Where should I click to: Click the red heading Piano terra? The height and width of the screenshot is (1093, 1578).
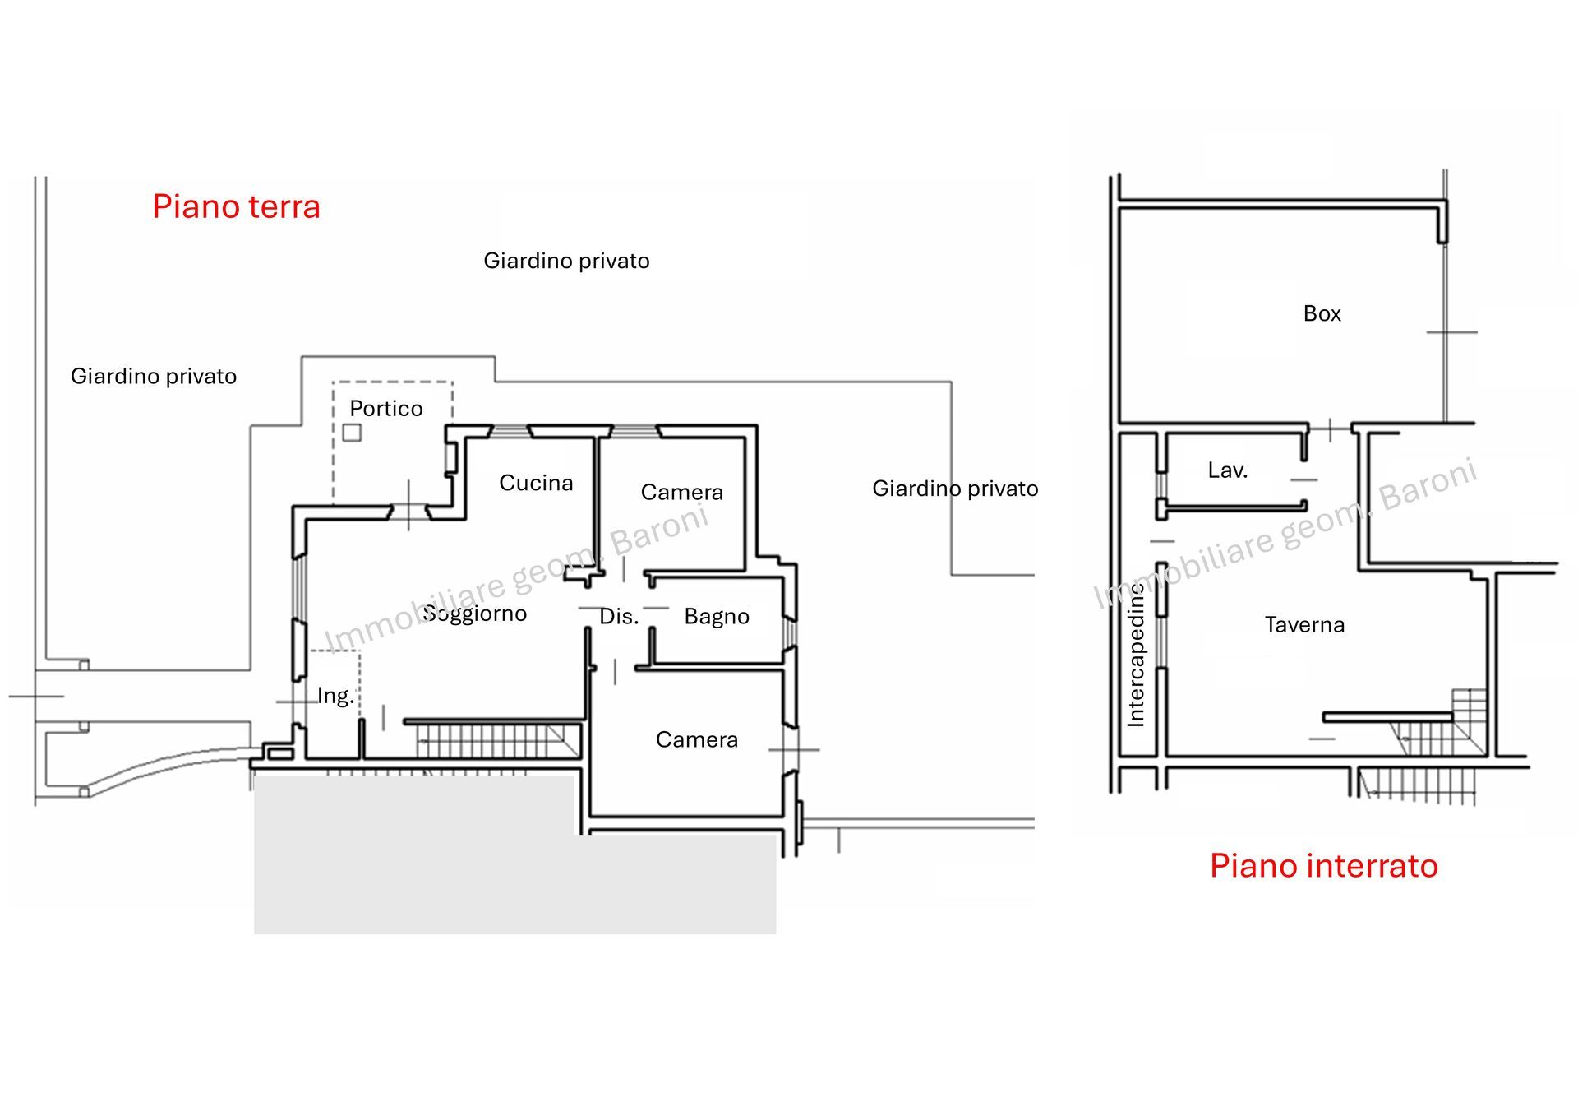pos(236,206)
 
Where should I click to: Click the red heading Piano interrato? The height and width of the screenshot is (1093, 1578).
pos(1323,866)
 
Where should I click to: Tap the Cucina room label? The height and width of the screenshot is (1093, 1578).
pos(536,483)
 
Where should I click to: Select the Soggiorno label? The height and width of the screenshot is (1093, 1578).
pos(475,614)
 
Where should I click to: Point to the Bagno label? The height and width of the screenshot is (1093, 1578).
pos(717,617)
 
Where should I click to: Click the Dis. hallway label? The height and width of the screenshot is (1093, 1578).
pos(619,617)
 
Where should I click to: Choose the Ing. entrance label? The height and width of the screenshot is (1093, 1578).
pos(335,696)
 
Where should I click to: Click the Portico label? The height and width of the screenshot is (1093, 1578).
pos(386,409)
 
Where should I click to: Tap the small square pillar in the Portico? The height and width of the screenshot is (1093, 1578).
pos(352,433)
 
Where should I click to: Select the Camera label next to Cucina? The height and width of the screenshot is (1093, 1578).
pos(682,493)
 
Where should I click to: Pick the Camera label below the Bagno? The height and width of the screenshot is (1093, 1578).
pos(697,740)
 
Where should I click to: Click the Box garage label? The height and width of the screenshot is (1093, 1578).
pos(1322,313)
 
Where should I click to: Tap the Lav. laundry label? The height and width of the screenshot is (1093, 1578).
pos(1227,470)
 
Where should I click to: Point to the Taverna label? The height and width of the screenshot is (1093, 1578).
pos(1304,625)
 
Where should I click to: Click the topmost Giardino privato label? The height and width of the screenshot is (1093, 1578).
pos(566,262)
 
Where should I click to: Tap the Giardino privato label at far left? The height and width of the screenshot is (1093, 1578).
pos(154,377)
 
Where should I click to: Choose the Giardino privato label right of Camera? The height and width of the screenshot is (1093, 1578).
pos(955,489)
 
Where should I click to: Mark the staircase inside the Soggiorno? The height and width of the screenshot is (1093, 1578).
pos(493,739)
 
